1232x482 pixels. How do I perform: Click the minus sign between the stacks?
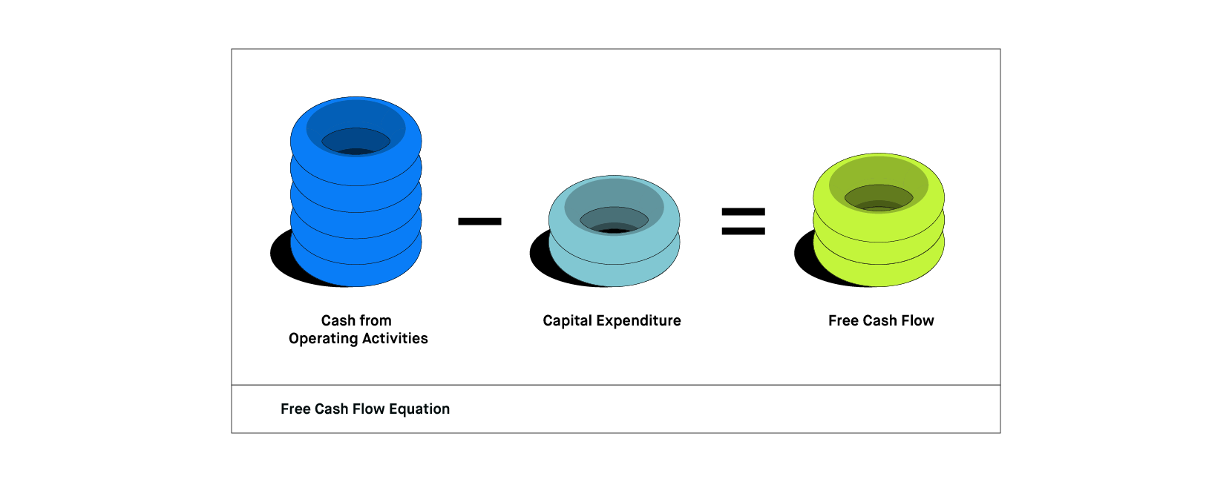coord(479,221)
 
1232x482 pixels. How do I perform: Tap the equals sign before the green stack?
coord(743,221)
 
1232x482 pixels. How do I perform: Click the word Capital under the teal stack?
coord(566,321)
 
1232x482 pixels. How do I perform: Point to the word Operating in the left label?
coord(321,339)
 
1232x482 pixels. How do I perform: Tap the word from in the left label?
coord(376,321)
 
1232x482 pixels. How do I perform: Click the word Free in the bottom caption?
coord(295,409)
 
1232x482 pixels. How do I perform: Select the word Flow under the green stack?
coord(917,321)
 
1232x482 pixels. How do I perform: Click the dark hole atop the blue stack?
coord(355,142)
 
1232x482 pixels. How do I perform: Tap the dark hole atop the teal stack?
coord(614,221)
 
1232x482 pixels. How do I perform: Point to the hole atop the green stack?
coord(879,199)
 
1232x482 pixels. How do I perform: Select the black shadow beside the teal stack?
coord(540,256)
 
